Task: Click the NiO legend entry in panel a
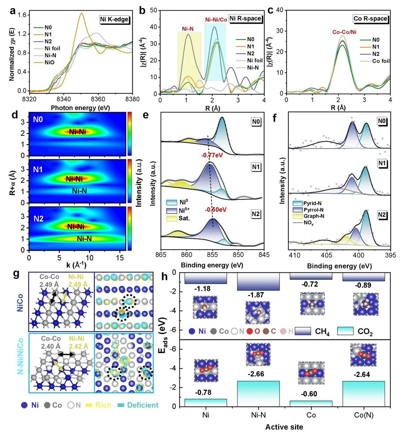[x=49, y=63]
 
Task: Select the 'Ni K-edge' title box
[x=114, y=19]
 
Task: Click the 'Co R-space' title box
[x=370, y=19]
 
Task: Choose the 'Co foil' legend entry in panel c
[x=381, y=61]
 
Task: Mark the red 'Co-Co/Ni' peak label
[x=344, y=32]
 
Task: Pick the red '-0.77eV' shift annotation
[x=212, y=155]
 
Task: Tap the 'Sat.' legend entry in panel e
[x=184, y=218]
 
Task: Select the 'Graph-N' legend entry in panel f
[x=314, y=216]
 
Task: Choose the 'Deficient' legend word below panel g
[x=143, y=405]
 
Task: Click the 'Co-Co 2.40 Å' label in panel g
[x=51, y=343]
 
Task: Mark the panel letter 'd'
[x=15, y=115]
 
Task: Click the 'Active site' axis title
[x=284, y=427]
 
